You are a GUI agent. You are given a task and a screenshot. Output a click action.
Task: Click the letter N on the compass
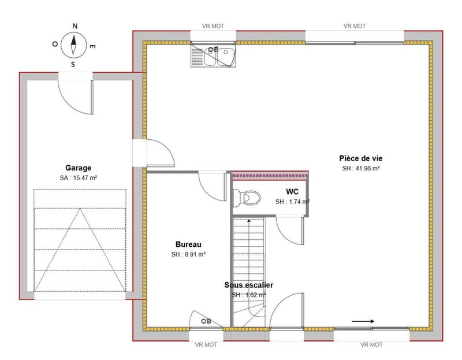pos(74,26)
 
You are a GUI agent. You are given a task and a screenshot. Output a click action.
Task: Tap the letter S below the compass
pos(73,65)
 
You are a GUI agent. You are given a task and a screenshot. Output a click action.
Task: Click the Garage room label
pos(78,168)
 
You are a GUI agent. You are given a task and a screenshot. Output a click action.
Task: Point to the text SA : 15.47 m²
pos(78,178)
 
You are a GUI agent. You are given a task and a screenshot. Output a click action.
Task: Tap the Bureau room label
pos(188,244)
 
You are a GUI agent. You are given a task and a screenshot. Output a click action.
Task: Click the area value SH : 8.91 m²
pos(188,254)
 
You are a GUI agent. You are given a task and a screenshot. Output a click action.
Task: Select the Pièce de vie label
pos(360,158)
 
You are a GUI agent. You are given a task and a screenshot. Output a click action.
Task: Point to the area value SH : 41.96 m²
pos(360,169)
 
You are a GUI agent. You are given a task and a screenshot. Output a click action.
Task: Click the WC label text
pos(292,191)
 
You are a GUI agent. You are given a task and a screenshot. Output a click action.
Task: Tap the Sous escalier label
pos(248,285)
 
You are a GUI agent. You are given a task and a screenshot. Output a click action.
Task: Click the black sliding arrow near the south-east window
pos(363,321)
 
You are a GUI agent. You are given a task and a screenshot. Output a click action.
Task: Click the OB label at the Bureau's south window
pos(206,321)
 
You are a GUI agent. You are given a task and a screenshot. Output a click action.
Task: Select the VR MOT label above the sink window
pos(214,26)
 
